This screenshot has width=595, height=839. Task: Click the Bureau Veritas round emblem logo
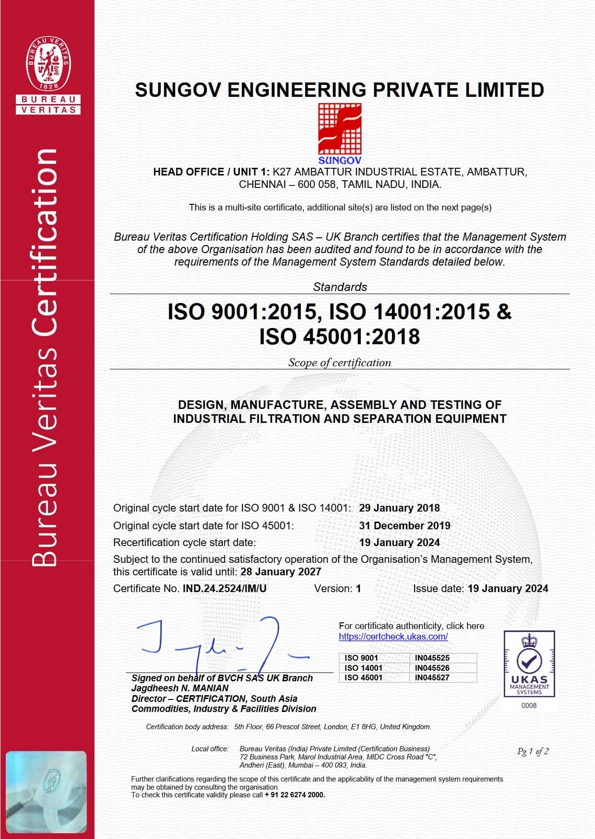[48, 63]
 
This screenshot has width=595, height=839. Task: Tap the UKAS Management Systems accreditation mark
[529, 664]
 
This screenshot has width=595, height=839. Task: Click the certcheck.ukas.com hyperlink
[393, 637]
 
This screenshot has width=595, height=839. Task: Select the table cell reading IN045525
[432, 658]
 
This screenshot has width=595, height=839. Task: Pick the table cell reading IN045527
[432, 677]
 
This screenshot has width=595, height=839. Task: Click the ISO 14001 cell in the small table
[363, 668]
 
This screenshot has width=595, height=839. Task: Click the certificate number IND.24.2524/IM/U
[225, 589]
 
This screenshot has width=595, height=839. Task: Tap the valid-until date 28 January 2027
[281, 572]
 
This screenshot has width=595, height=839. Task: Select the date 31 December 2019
[405, 525]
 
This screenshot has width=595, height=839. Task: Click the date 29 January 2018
[399, 508]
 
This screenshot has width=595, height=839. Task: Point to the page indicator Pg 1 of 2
[533, 751]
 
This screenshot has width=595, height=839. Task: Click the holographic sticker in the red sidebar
[46, 792]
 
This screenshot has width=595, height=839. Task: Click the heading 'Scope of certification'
[340, 363]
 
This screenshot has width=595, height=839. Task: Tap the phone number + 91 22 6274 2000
[295, 795]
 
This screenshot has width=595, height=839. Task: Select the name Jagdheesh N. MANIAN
[180, 688]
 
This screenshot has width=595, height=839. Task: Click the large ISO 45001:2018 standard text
[340, 337]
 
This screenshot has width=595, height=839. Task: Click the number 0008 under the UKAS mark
[529, 706]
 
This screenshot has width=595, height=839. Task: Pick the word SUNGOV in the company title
[178, 90]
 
